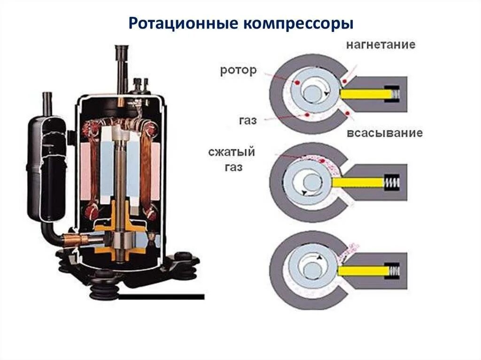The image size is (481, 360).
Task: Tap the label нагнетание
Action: point(381,45)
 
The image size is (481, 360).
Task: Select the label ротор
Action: point(238,70)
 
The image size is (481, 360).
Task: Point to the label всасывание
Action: point(385,133)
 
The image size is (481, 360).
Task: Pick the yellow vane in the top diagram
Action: point(366,94)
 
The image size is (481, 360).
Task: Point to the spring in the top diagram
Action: point(395,94)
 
